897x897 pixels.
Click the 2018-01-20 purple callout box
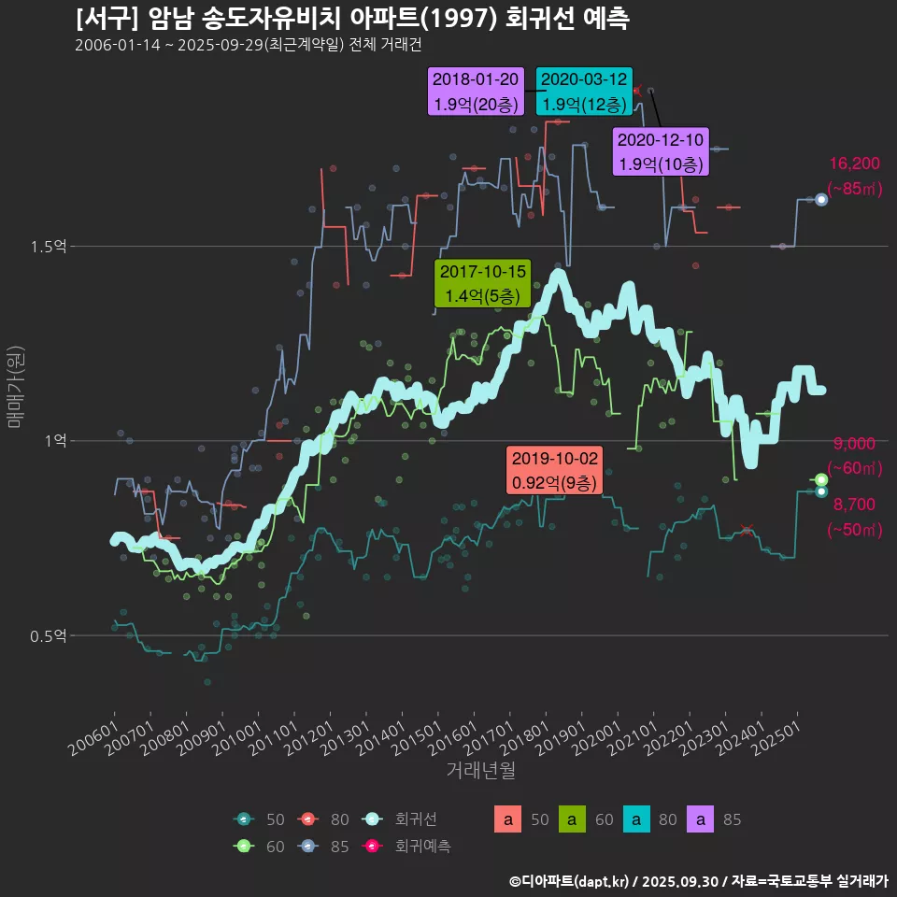click(x=475, y=92)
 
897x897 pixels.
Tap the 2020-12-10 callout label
click(x=661, y=152)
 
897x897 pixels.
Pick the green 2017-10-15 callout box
click(x=483, y=284)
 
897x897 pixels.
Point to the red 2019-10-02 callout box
click(x=554, y=471)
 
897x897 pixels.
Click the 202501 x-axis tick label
click(x=777, y=738)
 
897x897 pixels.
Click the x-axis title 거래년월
click(x=480, y=771)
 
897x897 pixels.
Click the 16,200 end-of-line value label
click(x=854, y=164)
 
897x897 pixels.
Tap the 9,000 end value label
click(x=854, y=444)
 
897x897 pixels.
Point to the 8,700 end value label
click(x=854, y=505)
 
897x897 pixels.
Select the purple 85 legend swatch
click(x=701, y=820)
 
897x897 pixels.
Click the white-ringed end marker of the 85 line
click(x=821, y=199)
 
